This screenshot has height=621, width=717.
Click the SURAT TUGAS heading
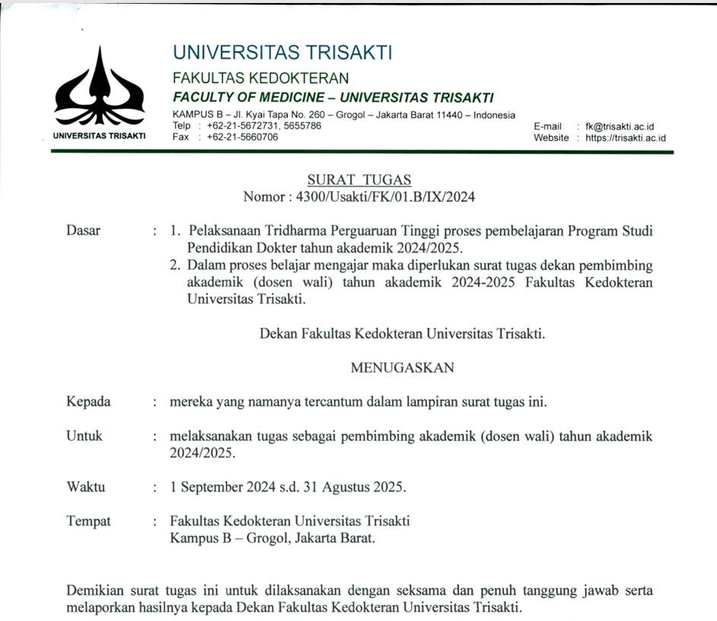point(358,180)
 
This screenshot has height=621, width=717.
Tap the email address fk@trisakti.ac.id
point(626,126)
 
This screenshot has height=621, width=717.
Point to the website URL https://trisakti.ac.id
point(626,138)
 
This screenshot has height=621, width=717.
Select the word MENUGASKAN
point(402,368)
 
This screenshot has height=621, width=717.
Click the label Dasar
point(83,231)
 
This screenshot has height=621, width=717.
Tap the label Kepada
point(88,402)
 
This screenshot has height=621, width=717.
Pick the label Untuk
point(84,437)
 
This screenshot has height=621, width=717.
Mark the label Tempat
point(88,521)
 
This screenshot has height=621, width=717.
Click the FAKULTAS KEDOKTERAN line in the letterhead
point(261,78)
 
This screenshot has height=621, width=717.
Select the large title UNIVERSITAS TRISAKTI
point(282,53)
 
